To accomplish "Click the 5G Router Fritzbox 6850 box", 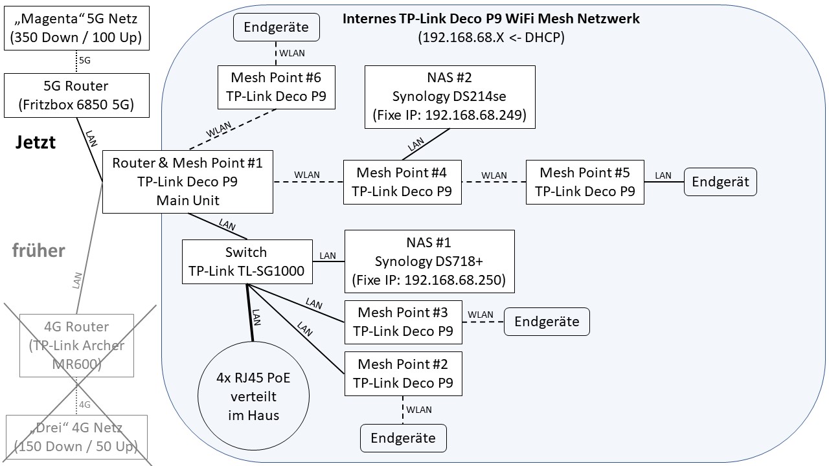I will pos(77,95).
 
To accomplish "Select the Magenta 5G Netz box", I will pos(77,27).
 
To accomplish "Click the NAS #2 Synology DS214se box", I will pos(449,96).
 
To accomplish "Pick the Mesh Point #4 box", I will pos(402,182).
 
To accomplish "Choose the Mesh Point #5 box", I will pos(584,182).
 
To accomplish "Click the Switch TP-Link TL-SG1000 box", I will pos(246,261).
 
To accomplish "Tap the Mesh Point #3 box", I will pos(402,322).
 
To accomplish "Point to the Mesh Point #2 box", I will pos(402,373).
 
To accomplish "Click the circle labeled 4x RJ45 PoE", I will pos(253,396).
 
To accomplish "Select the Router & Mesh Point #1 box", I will pos(187,181).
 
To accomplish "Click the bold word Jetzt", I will pos(36,142).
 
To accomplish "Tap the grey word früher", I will pos(39,250).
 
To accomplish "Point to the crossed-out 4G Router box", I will pos(77,346).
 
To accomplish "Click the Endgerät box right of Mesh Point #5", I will pos(720,181).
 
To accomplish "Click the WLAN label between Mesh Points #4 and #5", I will pos(494,175).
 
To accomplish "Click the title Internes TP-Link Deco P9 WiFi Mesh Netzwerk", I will pos(491,18).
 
